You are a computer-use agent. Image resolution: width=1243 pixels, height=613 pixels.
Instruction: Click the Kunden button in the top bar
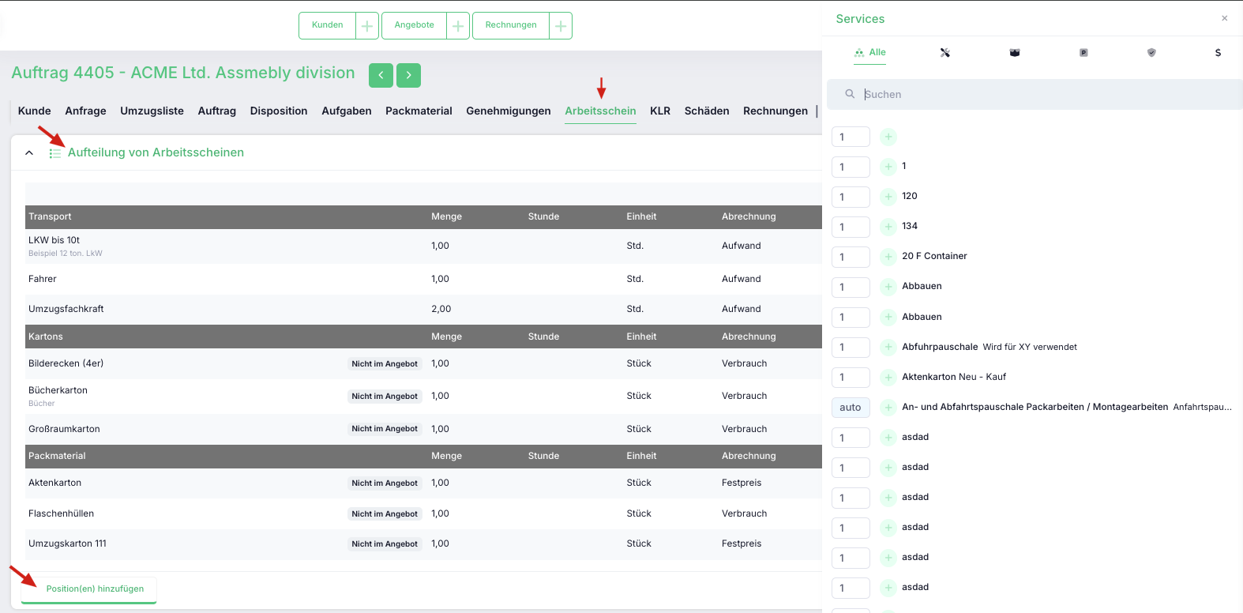coord(328,25)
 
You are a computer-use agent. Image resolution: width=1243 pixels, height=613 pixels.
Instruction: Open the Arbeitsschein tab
coord(600,111)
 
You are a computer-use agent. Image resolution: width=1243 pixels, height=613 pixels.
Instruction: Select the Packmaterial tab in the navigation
coord(419,111)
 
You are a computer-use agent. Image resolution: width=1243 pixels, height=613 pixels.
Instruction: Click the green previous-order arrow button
coord(381,75)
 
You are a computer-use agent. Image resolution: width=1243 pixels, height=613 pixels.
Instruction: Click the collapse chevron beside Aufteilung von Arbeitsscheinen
coord(29,152)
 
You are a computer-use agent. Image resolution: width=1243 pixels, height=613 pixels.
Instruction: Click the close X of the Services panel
coord(1225,18)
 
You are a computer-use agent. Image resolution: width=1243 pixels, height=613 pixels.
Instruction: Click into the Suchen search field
coord(1043,94)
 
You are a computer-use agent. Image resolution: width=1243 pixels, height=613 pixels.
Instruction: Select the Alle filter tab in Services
coord(869,53)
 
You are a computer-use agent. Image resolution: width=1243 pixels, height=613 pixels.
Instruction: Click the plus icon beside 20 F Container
coord(888,257)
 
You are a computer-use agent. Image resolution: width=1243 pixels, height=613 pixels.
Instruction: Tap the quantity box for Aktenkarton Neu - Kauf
coord(851,378)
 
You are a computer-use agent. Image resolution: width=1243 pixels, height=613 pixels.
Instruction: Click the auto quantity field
coord(851,408)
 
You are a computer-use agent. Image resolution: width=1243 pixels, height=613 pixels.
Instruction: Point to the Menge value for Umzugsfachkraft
coord(441,309)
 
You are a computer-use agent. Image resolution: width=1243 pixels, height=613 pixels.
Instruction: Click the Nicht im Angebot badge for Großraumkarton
coord(385,429)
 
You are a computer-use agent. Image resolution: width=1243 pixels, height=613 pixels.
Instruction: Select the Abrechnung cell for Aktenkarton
coord(742,483)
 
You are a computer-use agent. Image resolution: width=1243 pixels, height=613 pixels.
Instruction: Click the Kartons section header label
coord(46,337)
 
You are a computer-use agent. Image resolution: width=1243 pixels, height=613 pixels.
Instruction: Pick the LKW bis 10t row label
coord(54,240)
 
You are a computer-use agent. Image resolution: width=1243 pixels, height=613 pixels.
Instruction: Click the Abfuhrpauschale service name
coord(940,347)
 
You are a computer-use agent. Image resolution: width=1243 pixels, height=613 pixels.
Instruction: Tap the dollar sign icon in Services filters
coord(1218,53)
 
